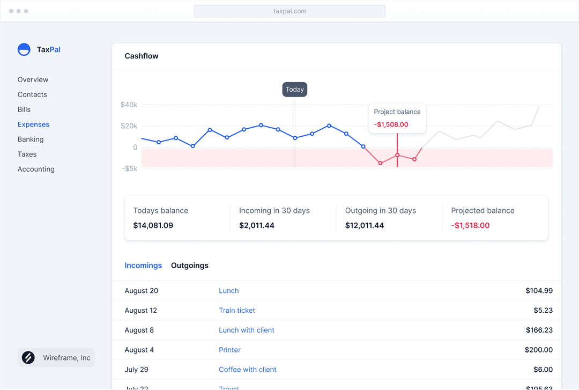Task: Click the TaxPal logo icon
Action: coord(24,50)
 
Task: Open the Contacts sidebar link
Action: coord(32,94)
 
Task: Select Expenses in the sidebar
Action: coord(33,124)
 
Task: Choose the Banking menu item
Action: coord(31,139)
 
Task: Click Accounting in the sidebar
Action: coord(36,169)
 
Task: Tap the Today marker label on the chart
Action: coord(295,90)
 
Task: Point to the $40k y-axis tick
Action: coord(129,105)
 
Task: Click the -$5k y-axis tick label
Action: coord(129,168)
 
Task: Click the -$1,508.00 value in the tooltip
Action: coord(391,124)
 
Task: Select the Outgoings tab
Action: coord(190,266)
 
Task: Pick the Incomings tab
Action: coord(143,266)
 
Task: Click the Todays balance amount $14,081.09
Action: coord(153,225)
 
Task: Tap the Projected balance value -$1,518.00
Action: coord(470,225)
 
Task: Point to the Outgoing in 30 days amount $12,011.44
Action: coord(365,225)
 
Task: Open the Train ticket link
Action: coord(237,311)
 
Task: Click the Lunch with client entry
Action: coord(247,330)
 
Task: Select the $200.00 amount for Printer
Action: coord(539,350)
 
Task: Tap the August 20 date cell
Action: coord(142,291)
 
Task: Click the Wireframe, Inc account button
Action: coord(56,358)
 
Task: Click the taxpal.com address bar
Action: coord(289,11)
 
